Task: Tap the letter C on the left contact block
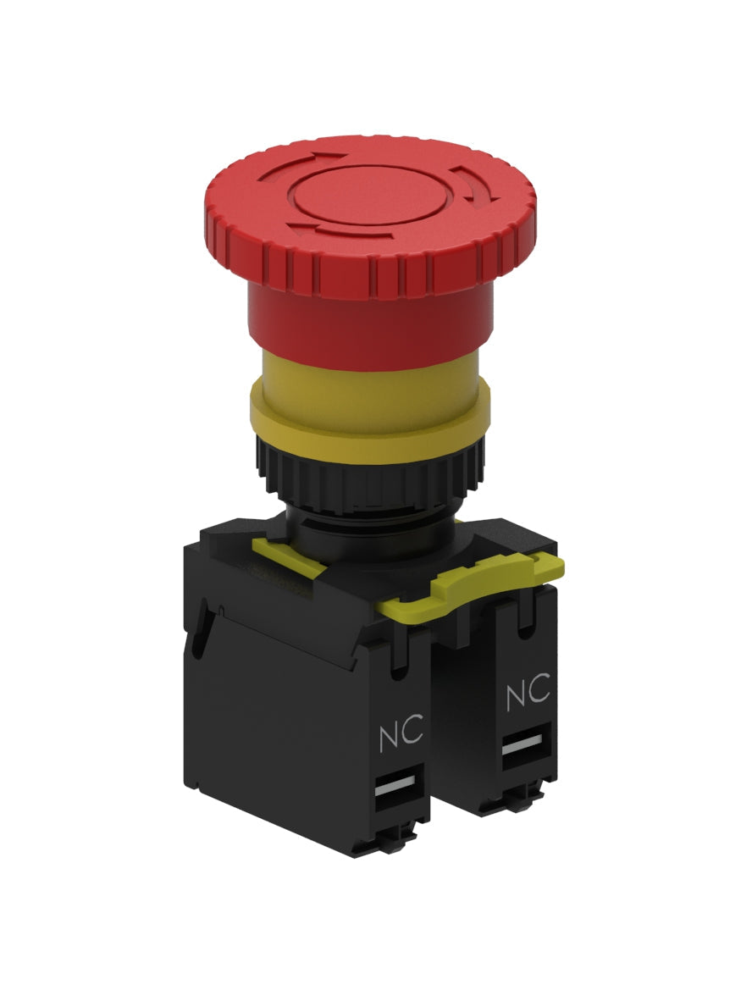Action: pos(412,734)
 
